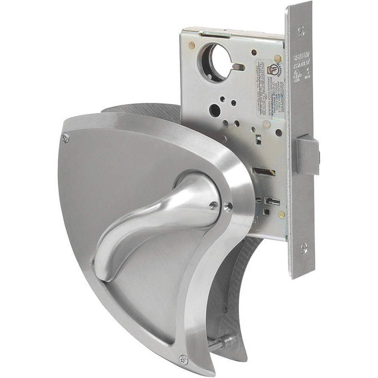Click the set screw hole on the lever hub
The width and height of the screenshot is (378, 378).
[228, 206]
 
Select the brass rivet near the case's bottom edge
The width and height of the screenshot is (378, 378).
[281, 214]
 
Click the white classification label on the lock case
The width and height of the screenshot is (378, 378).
[269, 89]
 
